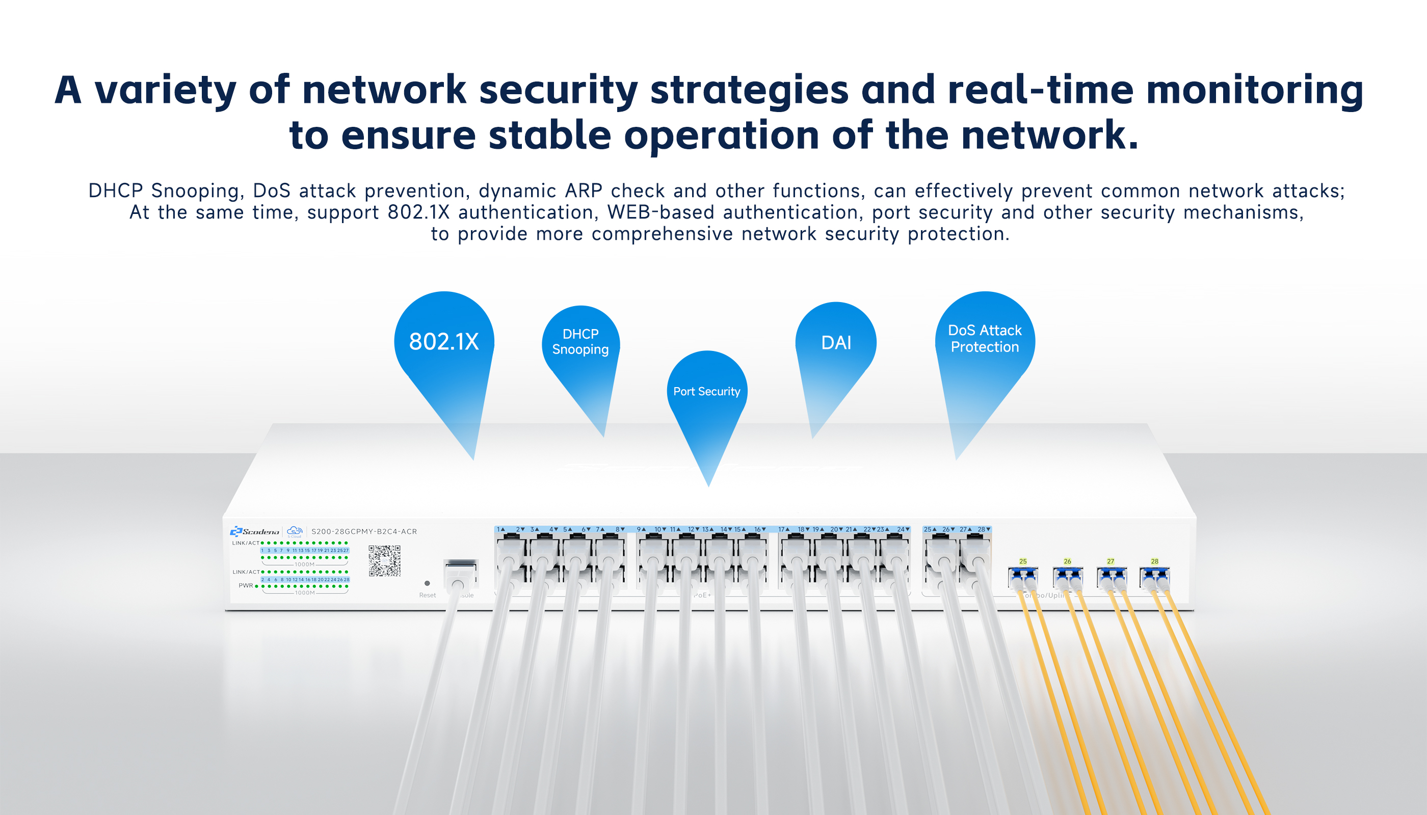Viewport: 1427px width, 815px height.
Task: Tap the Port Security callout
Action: [707, 392]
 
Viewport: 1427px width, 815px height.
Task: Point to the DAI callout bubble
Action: [836, 343]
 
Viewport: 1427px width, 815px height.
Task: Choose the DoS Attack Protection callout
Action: [985, 339]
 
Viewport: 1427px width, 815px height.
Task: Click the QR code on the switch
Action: [384, 561]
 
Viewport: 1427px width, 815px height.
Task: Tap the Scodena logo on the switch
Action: [255, 531]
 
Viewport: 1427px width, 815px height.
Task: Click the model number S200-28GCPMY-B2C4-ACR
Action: [364, 531]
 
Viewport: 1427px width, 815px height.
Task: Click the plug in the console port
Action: [459, 577]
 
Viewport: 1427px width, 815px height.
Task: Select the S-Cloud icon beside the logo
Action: [295, 531]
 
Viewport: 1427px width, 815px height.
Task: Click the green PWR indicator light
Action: [256, 586]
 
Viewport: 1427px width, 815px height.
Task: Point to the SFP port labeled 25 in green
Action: [1023, 577]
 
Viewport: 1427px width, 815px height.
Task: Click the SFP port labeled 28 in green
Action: [1154, 577]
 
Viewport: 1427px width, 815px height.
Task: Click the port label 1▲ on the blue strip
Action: [500, 529]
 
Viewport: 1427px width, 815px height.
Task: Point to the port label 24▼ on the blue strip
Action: [903, 529]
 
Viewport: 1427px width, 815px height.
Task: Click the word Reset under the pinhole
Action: [427, 595]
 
